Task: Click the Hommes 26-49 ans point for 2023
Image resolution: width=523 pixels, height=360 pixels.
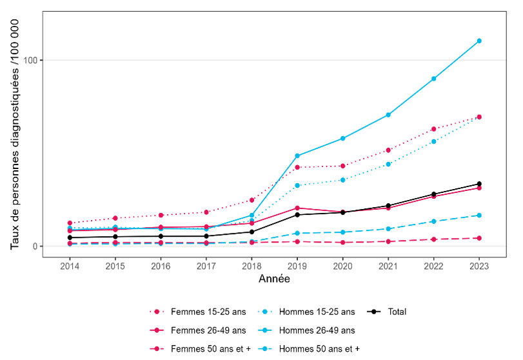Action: (x=479, y=41)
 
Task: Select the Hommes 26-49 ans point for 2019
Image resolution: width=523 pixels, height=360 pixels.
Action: (x=297, y=156)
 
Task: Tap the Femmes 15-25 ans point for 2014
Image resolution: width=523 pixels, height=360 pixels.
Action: (x=70, y=223)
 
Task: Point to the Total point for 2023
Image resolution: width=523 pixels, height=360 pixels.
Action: (x=479, y=185)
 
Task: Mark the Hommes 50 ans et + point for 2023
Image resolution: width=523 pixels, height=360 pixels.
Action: (x=479, y=215)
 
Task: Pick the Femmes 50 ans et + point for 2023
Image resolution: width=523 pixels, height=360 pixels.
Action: (x=479, y=238)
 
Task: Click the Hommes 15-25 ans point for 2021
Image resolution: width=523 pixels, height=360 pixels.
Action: (x=388, y=164)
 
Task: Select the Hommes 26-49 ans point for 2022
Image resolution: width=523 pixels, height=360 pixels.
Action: (x=434, y=79)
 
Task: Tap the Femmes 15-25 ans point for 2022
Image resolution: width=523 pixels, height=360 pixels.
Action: (x=434, y=129)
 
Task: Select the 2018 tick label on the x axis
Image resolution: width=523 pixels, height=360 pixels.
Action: (x=252, y=266)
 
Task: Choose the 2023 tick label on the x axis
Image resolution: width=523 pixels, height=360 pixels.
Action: (x=479, y=266)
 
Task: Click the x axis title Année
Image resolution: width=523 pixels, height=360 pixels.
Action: (x=274, y=279)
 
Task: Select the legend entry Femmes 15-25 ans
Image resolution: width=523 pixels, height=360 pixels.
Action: (x=198, y=312)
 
